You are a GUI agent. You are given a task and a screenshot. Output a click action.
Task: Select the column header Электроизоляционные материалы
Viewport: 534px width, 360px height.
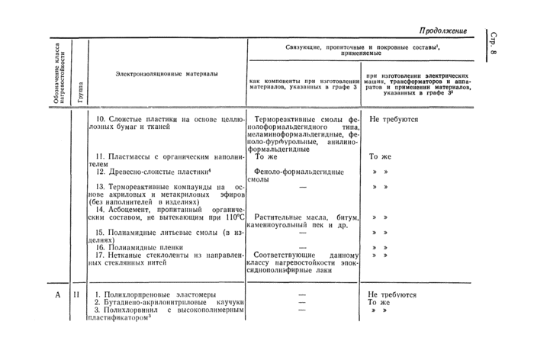[x=166, y=74]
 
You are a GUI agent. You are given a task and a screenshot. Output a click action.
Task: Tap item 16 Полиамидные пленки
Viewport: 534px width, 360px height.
[x=141, y=247]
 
